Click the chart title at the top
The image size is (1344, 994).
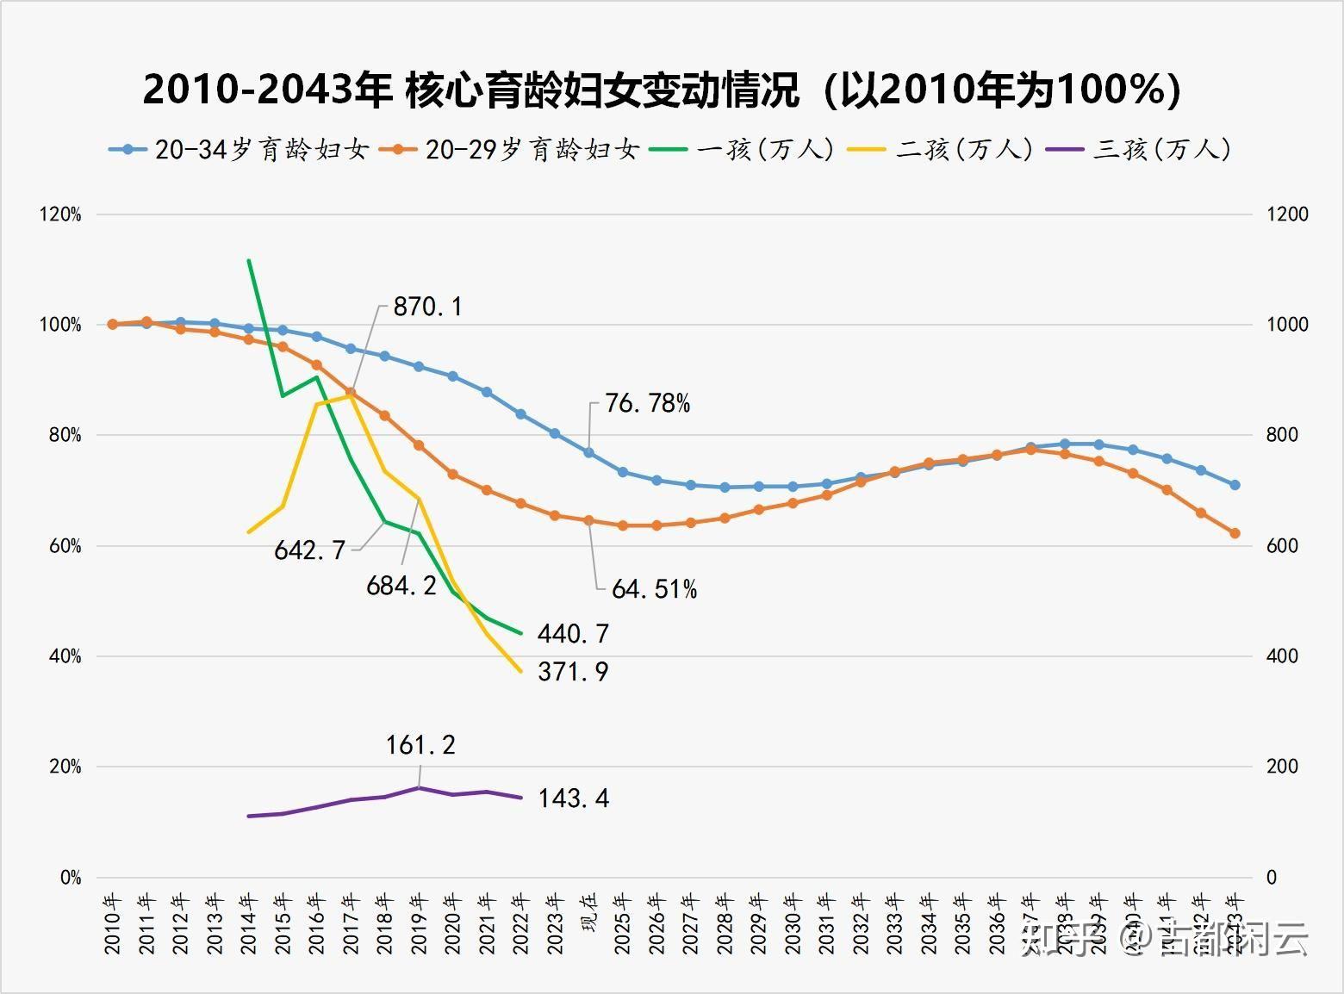coord(661,90)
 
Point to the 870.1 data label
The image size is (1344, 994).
coord(427,307)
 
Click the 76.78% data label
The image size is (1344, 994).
coord(647,403)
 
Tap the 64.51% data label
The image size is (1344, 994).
coord(654,589)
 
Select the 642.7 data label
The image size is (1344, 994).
coord(309,550)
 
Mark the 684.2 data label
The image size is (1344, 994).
coord(401,586)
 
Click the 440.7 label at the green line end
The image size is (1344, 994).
coord(573,634)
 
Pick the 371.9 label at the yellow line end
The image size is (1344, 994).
coord(573,671)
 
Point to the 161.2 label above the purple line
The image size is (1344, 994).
coord(420,744)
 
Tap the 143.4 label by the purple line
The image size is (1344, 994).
coord(573,798)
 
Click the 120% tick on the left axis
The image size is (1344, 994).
coord(60,214)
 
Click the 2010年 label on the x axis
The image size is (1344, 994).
coord(113,924)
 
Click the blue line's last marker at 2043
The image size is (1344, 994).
coord(1235,485)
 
